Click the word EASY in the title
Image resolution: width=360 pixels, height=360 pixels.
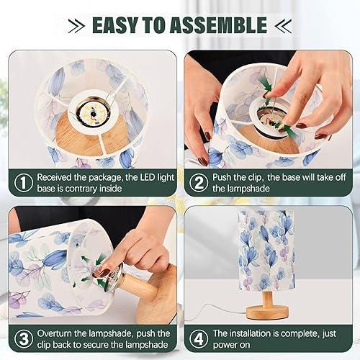point(117,25)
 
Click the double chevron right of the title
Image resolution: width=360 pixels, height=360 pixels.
point(282,26)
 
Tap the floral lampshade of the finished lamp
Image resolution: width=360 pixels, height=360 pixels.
point(268,248)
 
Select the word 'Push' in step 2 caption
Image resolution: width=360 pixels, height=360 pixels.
point(225,176)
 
